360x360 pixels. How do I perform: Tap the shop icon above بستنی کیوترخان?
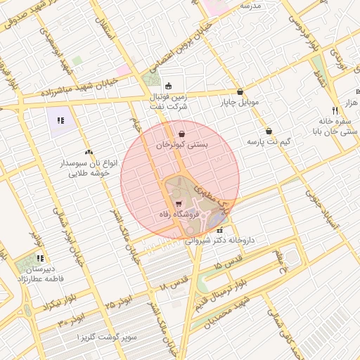(183, 133)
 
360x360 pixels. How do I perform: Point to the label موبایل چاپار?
(240, 102)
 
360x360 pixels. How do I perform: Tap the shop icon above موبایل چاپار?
(240, 91)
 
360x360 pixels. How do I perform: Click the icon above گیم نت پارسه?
(269, 131)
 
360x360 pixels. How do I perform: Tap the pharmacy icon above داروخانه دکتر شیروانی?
(219, 230)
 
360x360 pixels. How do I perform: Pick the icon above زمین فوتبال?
(169, 86)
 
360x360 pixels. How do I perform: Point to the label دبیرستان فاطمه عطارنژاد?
(41, 273)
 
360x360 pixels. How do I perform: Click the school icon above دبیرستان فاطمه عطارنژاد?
(40, 258)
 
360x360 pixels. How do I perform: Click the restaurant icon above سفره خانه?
(335, 110)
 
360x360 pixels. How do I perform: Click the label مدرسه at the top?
(250, 6)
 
